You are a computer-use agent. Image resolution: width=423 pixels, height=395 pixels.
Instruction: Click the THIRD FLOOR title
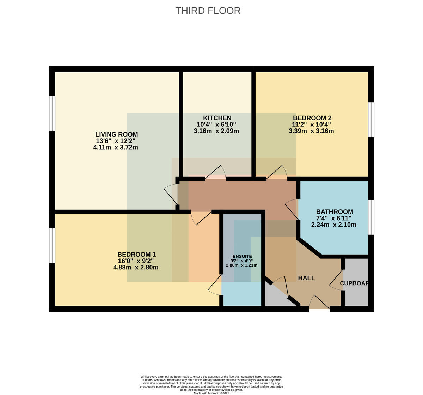[208, 11]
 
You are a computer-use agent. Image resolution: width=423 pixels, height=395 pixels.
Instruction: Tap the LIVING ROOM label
[117, 134]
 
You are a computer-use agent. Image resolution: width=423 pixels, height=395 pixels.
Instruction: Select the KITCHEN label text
[217, 118]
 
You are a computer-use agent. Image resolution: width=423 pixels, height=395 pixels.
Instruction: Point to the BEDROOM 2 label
[312, 118]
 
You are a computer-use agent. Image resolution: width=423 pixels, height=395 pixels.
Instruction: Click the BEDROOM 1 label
[136, 255]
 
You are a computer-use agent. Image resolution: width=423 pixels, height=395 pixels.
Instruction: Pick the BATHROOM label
[335, 212]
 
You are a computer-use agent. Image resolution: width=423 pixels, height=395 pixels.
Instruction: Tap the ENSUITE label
[242, 256]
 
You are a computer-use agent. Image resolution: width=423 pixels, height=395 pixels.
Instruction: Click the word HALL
[306, 278]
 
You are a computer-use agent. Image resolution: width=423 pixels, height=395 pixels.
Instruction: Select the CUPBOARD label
[354, 283]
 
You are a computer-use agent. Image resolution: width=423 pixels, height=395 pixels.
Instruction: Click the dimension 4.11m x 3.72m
[116, 147]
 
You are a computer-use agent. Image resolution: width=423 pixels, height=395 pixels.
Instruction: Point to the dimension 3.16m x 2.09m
[216, 131]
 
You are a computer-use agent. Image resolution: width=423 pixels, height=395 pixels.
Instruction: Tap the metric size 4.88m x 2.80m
[136, 267]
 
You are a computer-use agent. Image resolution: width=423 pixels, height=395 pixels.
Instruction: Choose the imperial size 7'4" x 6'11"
[333, 218]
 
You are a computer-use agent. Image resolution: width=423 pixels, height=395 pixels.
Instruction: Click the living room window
[52, 114]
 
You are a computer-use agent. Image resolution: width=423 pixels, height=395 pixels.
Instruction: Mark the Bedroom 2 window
[371, 120]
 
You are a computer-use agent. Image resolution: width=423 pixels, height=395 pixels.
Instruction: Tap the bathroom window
[371, 217]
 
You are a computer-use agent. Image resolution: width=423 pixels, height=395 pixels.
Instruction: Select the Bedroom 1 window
[52, 245]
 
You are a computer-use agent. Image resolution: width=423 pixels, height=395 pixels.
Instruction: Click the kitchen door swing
[215, 172]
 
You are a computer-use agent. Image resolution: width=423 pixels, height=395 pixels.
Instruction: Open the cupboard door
[336, 280]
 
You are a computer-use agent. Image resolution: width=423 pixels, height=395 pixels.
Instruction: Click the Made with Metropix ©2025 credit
[211, 393]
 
